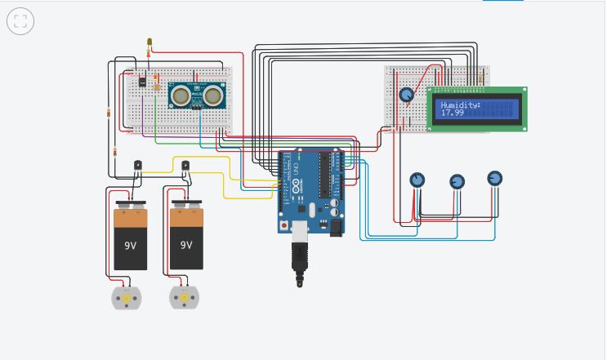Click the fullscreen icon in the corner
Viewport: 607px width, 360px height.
coord(20,21)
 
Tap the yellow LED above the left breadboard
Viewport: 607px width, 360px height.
coord(150,42)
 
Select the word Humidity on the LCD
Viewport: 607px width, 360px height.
coord(461,104)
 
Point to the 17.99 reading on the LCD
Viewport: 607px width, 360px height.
coord(453,113)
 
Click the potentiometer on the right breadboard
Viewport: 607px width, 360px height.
coord(406,96)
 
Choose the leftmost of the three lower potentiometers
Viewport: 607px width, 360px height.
coord(417,180)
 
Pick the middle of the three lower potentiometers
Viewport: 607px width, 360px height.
coord(457,181)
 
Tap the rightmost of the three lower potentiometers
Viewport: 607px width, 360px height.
coord(494,178)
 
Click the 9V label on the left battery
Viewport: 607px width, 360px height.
coord(131,244)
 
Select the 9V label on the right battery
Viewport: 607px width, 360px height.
coord(186,244)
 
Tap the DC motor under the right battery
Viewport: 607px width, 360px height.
coord(184,297)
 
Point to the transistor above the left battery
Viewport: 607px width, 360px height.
coord(138,165)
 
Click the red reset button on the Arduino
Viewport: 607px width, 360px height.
coord(283,224)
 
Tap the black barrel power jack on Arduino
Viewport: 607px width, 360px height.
coord(334,228)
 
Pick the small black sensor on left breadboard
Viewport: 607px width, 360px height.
coord(142,82)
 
